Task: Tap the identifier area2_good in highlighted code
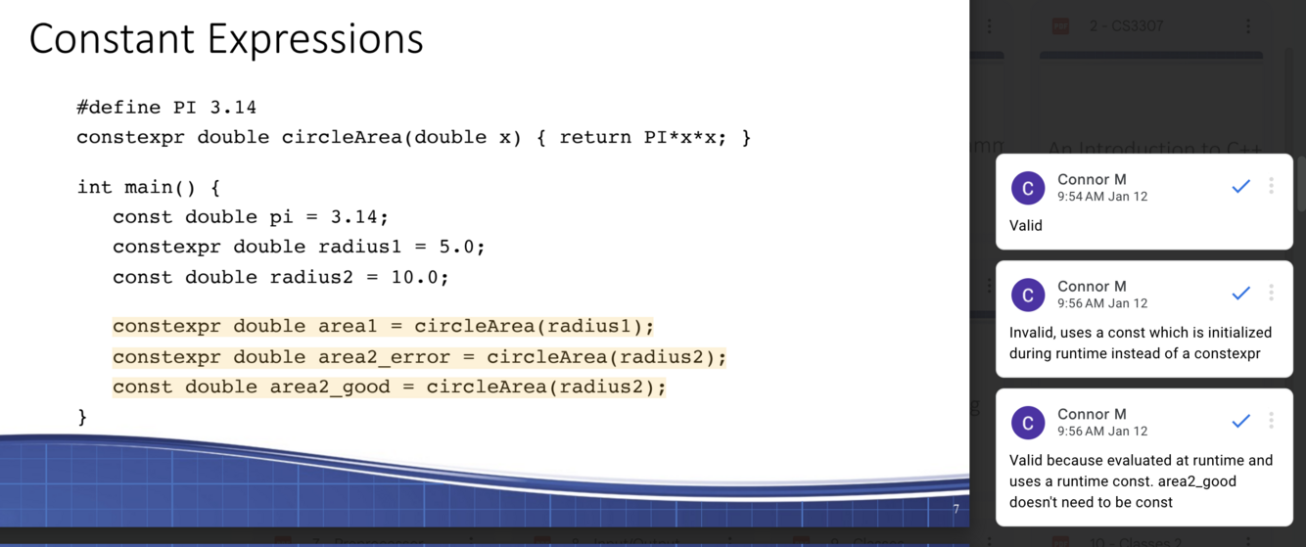pos(329,387)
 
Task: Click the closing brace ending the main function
pos(82,417)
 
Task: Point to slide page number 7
pos(956,509)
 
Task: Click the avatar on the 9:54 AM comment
pos(1028,188)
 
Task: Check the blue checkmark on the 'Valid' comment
pos(1240,186)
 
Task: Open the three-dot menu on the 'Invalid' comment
pos(1271,293)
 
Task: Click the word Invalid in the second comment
pos(1033,333)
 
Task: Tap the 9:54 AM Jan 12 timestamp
pos(1102,197)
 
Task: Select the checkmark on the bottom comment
pos(1240,421)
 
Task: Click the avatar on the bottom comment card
pos(1028,423)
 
